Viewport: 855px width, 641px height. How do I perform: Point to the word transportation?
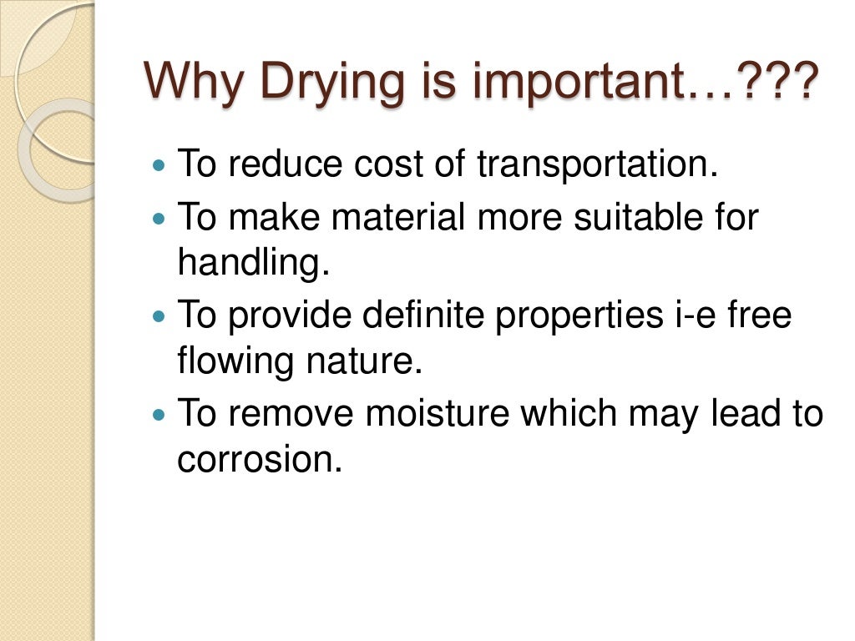click(x=597, y=164)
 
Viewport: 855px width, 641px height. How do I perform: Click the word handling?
click(x=254, y=264)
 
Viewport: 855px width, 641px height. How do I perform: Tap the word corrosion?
click(x=259, y=460)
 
